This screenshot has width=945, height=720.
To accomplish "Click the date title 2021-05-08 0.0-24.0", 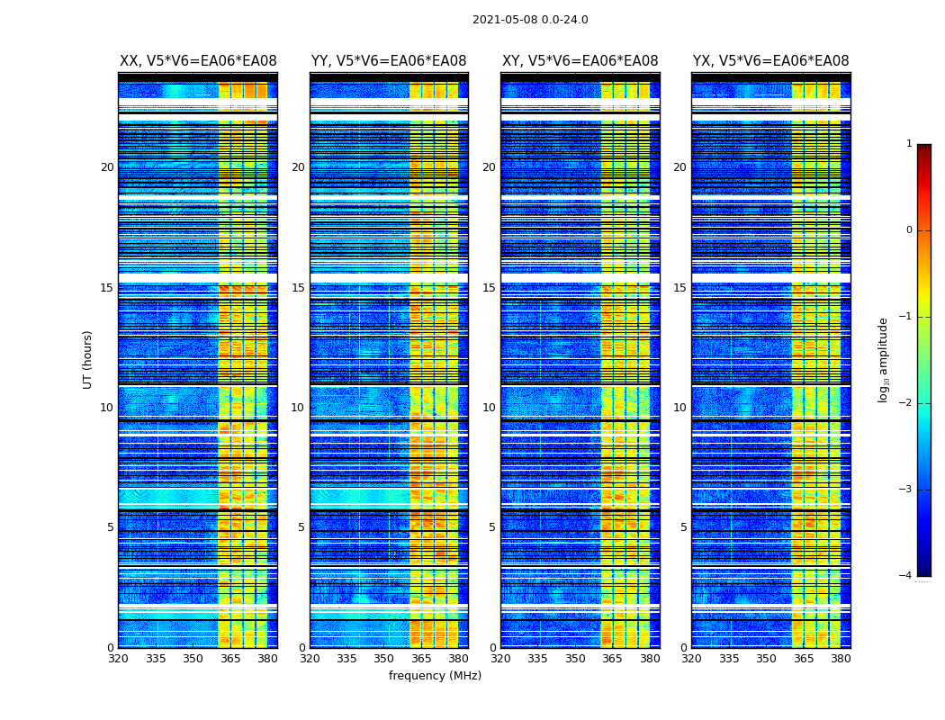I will [530, 20].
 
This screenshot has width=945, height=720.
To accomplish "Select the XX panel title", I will [198, 61].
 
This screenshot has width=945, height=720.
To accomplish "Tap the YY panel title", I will [389, 61].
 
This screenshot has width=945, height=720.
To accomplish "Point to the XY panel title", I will [580, 61].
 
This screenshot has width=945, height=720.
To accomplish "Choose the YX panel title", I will [770, 61].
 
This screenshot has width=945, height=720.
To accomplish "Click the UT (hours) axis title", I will [88, 359].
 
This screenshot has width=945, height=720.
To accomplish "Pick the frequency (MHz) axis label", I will [435, 676].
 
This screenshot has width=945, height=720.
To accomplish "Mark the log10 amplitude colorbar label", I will [884, 359].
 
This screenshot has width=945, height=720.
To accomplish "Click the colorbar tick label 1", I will [909, 144].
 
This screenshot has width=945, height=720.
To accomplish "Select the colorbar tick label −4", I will [906, 576].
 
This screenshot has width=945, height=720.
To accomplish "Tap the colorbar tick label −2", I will [906, 403].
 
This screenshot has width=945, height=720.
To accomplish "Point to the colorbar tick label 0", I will [909, 230].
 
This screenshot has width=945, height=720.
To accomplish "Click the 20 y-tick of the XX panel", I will [107, 167].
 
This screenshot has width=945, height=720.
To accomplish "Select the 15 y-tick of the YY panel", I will [298, 288].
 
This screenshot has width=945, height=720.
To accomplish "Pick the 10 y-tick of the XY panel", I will [489, 408].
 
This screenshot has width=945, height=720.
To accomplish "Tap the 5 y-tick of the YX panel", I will [683, 527].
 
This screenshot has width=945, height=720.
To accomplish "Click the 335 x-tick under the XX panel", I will [156, 659].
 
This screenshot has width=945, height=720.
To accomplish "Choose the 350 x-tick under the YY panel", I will [384, 659].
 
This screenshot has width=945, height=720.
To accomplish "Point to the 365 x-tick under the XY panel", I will [612, 659].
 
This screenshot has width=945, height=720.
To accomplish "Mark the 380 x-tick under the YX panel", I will [841, 659].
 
